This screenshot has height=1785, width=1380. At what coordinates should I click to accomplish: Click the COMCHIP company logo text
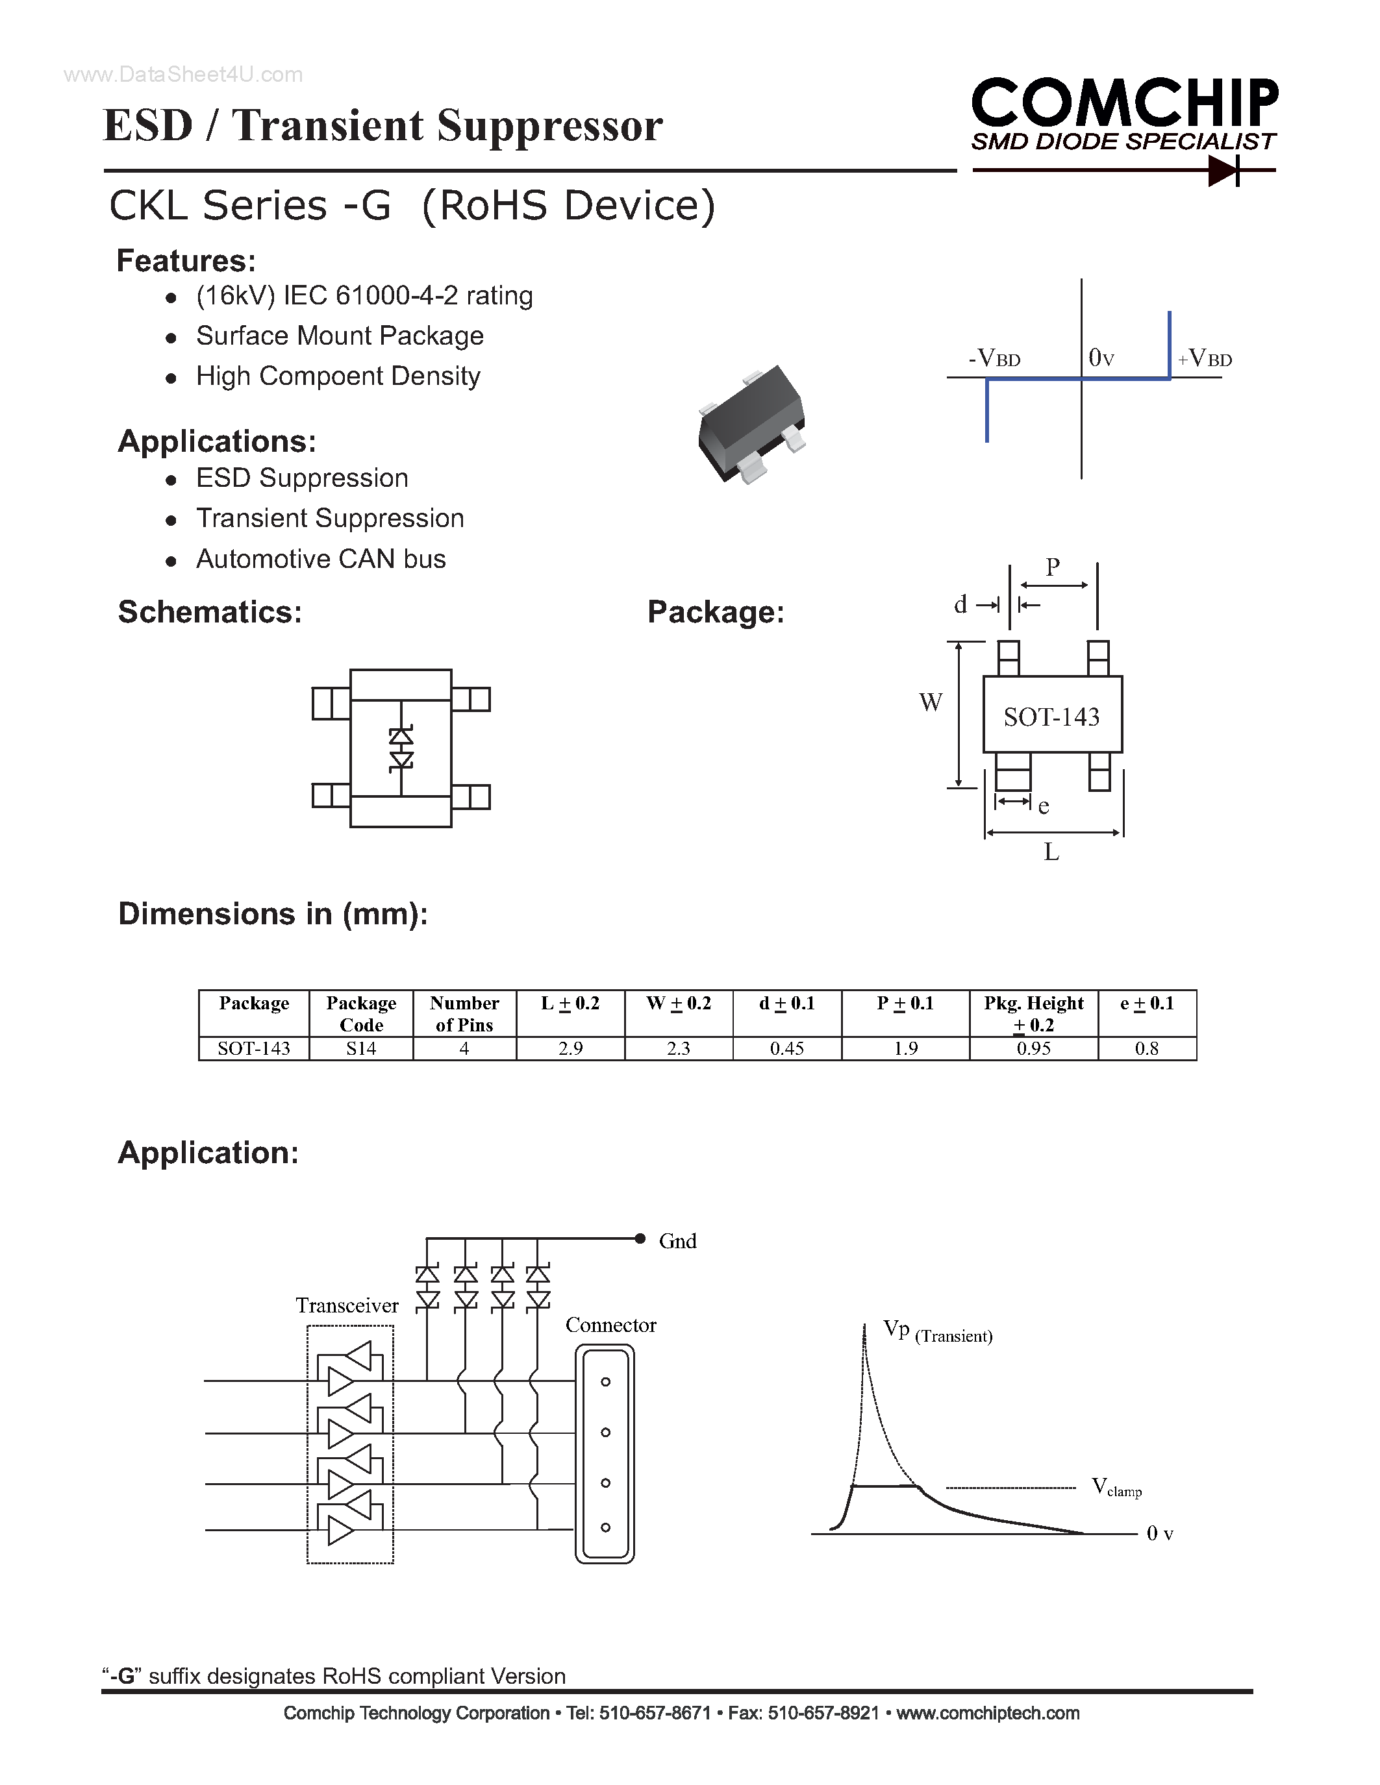point(1124,104)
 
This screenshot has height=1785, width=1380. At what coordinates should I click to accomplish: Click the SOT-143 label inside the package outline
point(1051,717)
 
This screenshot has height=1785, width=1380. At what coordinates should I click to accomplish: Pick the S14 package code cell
point(360,1048)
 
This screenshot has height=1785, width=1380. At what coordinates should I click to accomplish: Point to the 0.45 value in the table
point(786,1048)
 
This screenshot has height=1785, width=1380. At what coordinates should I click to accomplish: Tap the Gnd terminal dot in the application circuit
point(640,1238)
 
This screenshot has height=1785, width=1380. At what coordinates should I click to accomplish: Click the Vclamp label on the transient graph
point(1116,1486)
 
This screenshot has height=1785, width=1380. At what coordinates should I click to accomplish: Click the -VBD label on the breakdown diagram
point(994,359)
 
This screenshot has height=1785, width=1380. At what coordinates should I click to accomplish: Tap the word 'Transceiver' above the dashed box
point(347,1305)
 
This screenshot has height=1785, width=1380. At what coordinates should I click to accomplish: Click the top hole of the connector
point(606,1382)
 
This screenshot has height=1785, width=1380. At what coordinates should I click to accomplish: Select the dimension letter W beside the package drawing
point(931,703)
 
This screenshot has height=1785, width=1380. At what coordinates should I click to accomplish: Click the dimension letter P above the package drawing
point(1053,567)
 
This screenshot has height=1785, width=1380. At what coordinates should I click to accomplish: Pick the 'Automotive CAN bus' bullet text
point(320,559)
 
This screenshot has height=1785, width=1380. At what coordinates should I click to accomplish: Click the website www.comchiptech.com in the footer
point(988,1714)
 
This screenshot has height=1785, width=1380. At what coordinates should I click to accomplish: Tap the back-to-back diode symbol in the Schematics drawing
point(401,748)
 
